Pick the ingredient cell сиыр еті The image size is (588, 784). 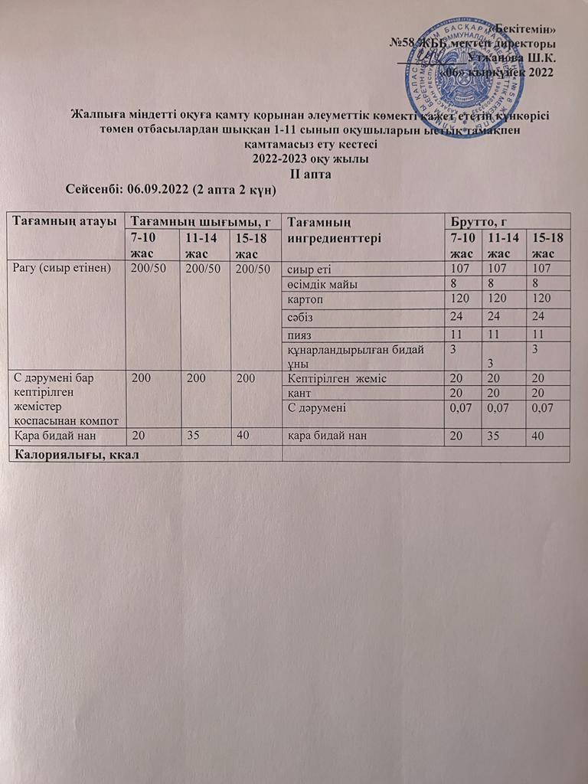click(x=308, y=269)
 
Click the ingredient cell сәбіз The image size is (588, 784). click(x=300, y=315)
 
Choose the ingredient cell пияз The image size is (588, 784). click(x=299, y=335)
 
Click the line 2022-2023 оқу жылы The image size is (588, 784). click(x=310, y=159)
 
